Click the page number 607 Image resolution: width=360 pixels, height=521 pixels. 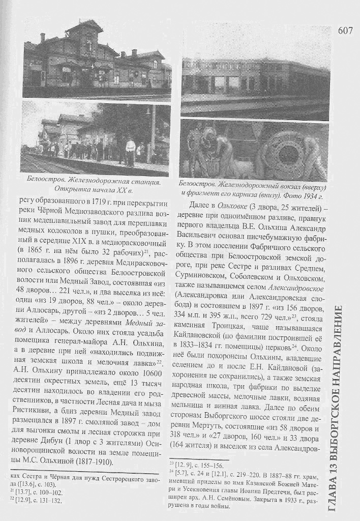(344, 30)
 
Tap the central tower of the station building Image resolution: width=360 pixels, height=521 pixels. (85, 41)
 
